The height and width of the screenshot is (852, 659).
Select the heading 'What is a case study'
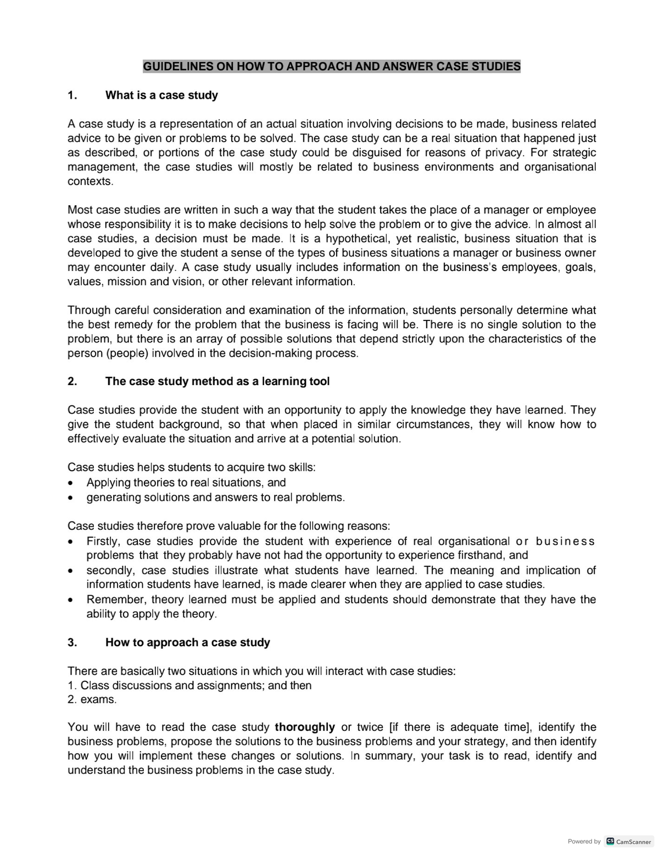pos(161,95)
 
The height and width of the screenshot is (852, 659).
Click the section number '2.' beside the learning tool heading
pos(72,381)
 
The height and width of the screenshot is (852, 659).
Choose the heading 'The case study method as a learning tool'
pos(217,381)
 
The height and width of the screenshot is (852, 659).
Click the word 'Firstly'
pos(104,541)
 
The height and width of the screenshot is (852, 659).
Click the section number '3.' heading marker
pos(72,642)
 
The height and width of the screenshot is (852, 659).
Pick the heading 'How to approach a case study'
pos(188,642)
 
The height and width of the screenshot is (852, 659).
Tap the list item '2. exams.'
pos(92,699)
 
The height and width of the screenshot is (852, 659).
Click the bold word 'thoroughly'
pos(304,727)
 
